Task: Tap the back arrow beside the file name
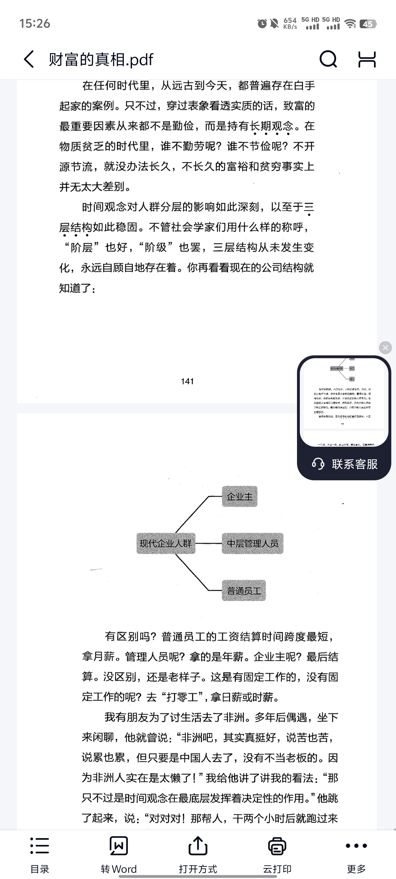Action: [29, 59]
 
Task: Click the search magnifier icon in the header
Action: [328, 59]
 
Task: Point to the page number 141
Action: [187, 381]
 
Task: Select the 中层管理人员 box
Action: [252, 543]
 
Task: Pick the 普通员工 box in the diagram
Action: [244, 590]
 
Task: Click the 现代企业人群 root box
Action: [166, 543]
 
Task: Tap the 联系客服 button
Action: [344, 464]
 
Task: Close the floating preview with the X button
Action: [385, 348]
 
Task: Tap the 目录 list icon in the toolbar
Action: [40, 846]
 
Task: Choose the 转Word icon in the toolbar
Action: [118, 846]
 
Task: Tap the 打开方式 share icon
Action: [198, 846]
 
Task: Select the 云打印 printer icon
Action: [277, 846]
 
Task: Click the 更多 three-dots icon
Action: [356, 846]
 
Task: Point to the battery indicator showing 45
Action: [368, 24]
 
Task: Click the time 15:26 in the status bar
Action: [35, 24]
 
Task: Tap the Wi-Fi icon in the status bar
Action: [350, 24]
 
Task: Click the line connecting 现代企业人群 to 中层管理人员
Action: [208, 543]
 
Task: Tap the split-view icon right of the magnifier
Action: [367, 59]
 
